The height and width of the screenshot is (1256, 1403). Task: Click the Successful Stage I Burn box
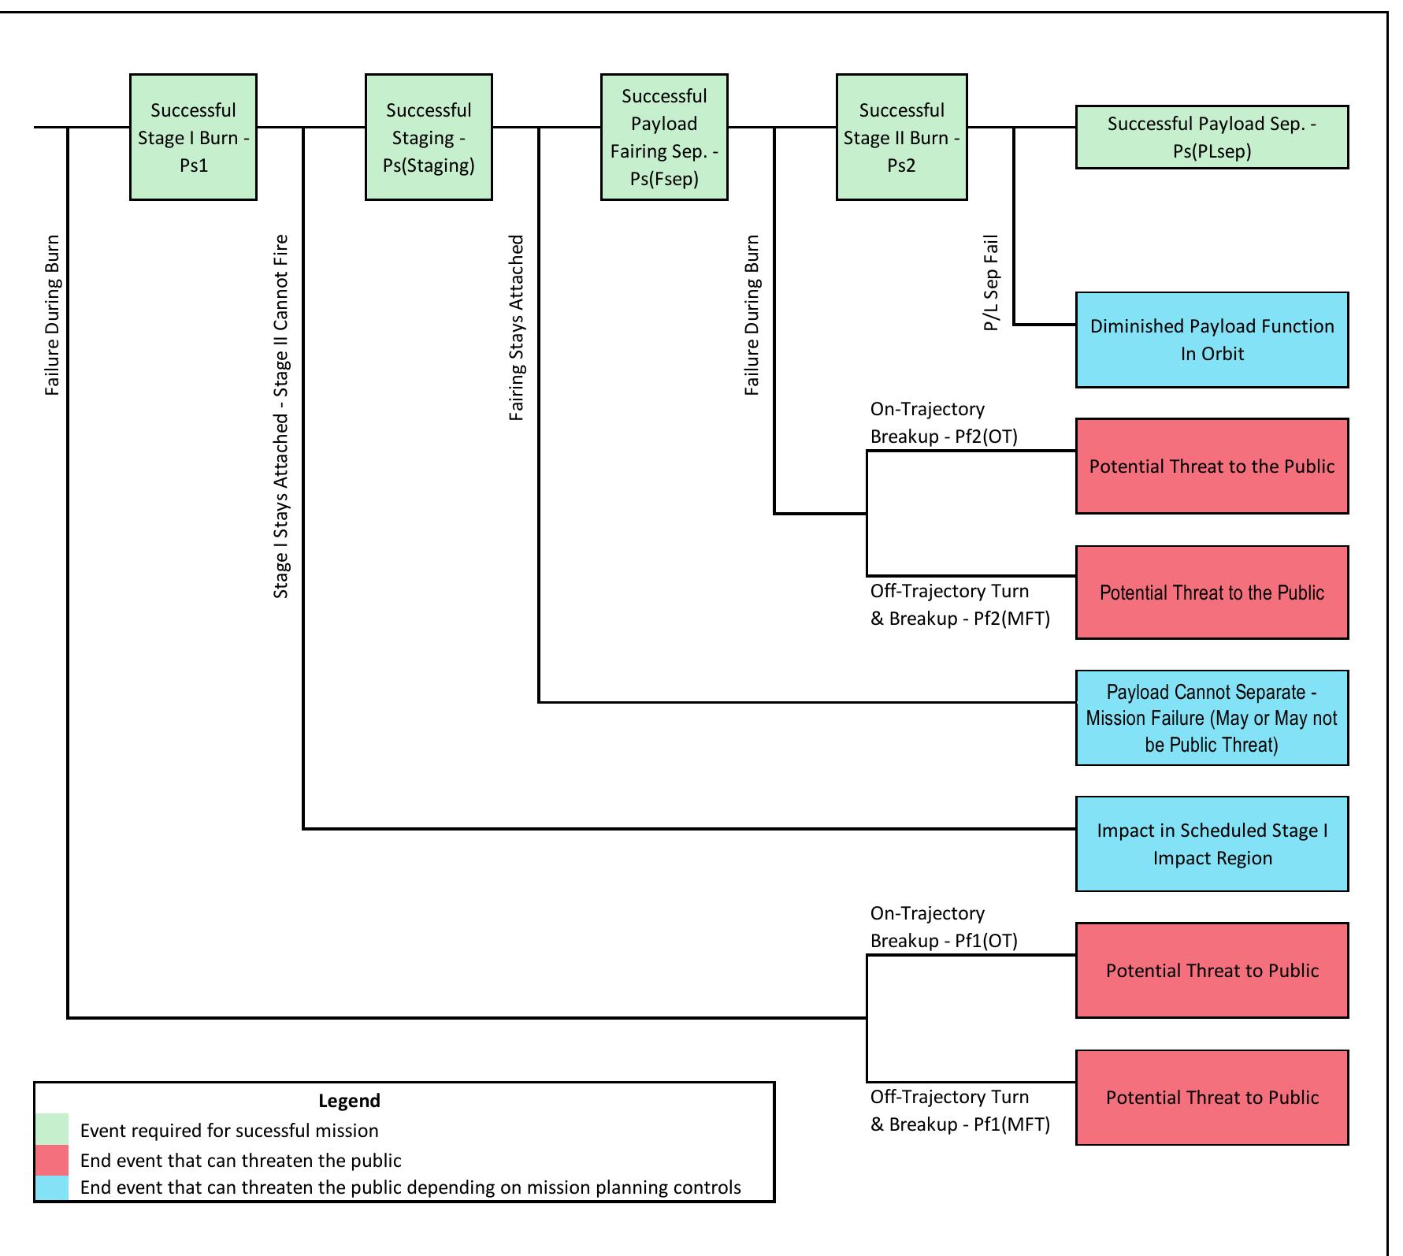pos(193,137)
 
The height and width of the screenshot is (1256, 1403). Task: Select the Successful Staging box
pos(429,137)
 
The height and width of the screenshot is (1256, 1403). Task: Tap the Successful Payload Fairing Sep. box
pos(664,137)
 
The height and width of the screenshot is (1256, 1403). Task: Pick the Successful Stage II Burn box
pos(901,137)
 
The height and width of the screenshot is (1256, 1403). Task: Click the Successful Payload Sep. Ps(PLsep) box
pos(1212,137)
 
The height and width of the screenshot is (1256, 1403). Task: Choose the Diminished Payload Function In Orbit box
pos(1212,340)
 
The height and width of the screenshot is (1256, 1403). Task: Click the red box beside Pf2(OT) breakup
pos(1212,466)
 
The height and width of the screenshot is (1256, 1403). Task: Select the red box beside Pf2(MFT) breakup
pos(1212,592)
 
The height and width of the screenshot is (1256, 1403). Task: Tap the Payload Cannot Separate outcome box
pos(1212,718)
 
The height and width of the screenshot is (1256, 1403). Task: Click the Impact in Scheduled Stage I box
pos(1212,844)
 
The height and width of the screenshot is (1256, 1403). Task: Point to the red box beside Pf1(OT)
pos(1212,970)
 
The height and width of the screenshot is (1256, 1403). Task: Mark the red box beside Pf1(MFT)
pos(1212,1097)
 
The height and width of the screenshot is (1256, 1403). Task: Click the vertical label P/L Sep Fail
pos(991,283)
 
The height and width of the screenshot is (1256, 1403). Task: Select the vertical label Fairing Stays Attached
pos(516,327)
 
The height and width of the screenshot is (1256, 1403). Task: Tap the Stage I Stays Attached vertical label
pos(281,416)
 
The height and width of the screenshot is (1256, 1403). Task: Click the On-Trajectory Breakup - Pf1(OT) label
pos(943,927)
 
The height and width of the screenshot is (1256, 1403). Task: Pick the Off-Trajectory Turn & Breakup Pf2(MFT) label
pos(959,604)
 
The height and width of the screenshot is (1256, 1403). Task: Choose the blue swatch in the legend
pos(51,1187)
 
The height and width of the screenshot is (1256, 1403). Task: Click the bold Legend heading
pos(349,1101)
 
